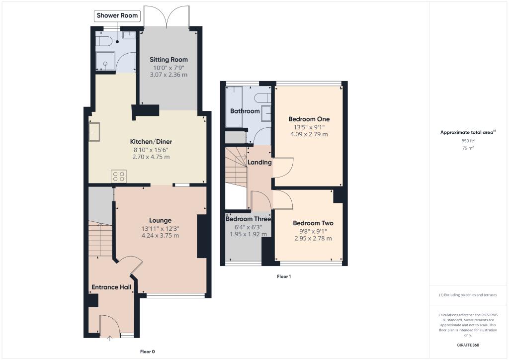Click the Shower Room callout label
click(118, 16)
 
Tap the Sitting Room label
click(169, 60)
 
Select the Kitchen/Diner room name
click(151, 142)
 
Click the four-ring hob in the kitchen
click(119, 176)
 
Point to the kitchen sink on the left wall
click(93, 132)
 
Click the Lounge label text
click(160, 220)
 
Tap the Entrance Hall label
click(111, 287)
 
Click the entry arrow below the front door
click(110, 340)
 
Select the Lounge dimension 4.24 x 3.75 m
click(160, 235)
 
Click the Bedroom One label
click(309, 119)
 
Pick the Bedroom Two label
click(313, 223)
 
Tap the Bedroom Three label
click(248, 219)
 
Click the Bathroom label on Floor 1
click(245, 111)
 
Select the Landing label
click(259, 162)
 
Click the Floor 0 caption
click(147, 352)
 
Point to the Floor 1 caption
click(283, 276)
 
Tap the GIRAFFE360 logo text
click(468, 345)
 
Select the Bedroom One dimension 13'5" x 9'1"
click(309, 127)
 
